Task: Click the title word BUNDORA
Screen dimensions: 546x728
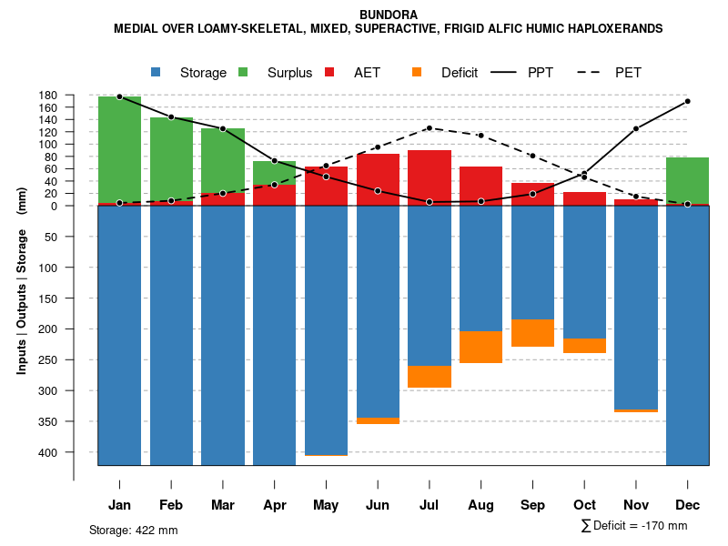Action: click(389, 15)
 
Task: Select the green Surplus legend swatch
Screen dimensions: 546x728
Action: click(244, 72)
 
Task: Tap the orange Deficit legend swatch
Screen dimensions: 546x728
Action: click(418, 72)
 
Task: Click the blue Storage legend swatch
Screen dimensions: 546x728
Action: click(157, 72)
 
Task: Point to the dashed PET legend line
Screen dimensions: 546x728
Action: click(593, 72)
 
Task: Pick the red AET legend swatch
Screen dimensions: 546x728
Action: click(330, 72)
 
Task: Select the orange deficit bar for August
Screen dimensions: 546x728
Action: click(480, 347)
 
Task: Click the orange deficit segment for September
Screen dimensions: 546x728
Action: click(532, 333)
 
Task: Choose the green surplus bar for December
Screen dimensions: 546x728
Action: click(687, 180)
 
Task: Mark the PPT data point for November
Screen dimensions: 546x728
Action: click(636, 129)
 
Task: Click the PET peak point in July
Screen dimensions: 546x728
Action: click(430, 128)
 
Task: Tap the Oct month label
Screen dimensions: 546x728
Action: click(584, 505)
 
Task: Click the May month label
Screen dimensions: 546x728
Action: click(326, 505)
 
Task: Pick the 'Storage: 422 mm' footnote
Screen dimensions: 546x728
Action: click(134, 530)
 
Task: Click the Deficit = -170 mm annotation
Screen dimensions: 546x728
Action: click(634, 526)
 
